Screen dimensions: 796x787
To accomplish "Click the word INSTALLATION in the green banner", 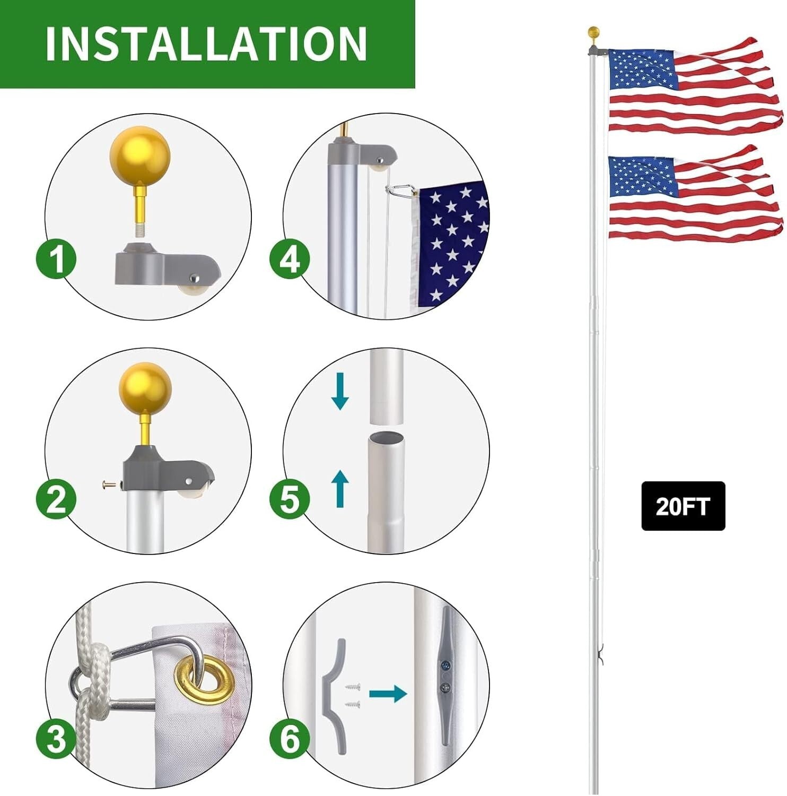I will pos(206,44).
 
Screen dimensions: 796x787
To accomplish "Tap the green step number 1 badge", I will pos(56,259).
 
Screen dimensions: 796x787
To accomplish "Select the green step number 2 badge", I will pos(56,499).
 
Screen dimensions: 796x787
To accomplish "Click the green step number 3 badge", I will pos(56,738).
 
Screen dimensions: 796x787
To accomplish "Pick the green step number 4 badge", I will pos(290,259).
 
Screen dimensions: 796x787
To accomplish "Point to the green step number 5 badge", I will pos(290,499).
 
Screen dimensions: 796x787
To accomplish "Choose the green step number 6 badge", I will pos(290,738).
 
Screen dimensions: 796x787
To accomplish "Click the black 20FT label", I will pos(683,506).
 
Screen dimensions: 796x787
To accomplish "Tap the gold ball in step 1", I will pos(140,155).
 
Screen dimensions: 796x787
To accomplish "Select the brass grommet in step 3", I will pos(204,680).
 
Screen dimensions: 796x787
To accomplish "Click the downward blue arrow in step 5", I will pos(340,391).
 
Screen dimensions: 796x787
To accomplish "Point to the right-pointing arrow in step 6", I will pos(388,694).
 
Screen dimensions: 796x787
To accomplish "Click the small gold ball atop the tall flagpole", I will pos(594,32).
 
